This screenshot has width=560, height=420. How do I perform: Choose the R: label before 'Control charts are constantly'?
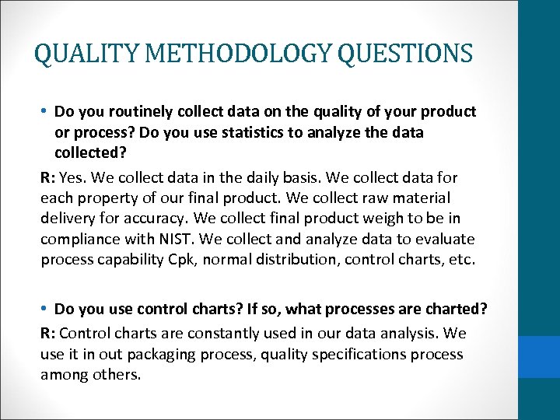tap(48, 334)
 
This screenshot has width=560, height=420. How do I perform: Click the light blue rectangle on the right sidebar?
tap(538, 357)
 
